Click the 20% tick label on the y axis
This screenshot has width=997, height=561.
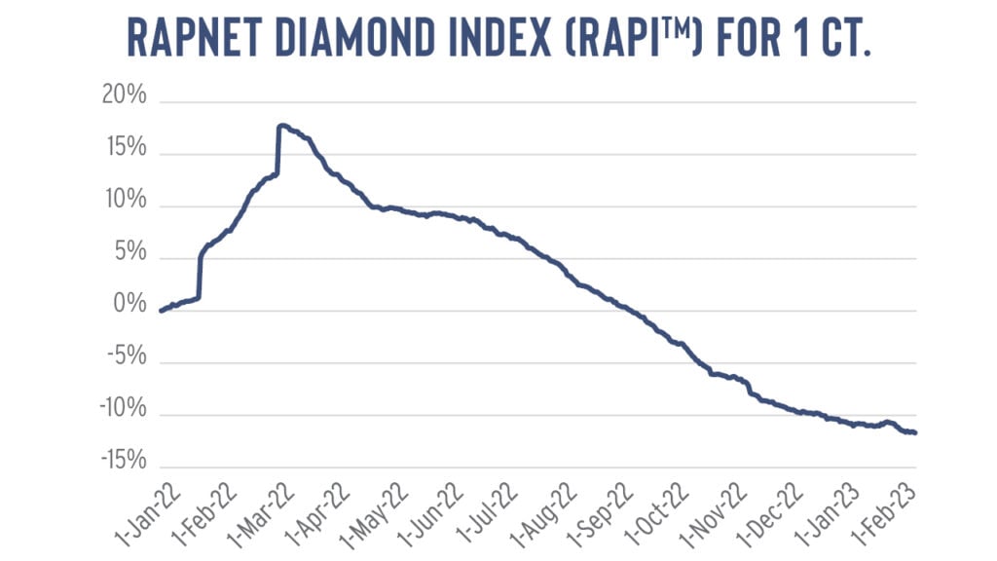(124, 96)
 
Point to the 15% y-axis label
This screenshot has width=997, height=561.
(124, 149)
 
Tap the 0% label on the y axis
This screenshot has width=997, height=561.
(129, 305)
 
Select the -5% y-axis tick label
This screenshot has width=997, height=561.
(124, 356)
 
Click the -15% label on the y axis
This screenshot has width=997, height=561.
(120, 461)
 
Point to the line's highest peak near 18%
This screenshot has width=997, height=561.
(280, 125)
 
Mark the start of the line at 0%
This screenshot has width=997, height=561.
(160, 311)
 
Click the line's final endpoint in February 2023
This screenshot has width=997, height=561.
(915, 432)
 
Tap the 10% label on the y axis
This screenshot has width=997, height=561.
(124, 201)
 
